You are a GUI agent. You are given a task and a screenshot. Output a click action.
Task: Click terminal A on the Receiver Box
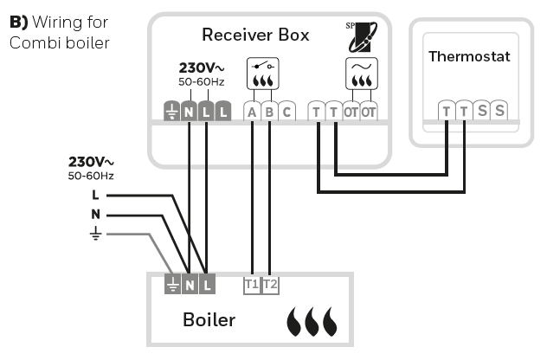[252, 112]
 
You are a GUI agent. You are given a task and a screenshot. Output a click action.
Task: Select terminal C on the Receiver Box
[287, 112]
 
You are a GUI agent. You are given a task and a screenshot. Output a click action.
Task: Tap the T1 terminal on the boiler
[252, 283]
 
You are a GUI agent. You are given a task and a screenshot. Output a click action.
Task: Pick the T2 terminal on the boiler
[270, 283]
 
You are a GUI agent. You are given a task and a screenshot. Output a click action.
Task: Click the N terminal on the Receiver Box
[189, 112]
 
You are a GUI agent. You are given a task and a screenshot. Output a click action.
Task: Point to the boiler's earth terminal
[171, 283]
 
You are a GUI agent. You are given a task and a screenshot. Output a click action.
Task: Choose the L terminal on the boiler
[207, 283]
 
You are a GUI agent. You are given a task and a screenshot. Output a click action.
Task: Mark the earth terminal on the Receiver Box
[171, 112]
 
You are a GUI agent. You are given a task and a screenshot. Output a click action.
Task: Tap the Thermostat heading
[469, 56]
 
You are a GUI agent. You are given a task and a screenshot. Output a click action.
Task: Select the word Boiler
[209, 320]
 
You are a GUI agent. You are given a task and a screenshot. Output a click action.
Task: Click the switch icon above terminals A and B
[261, 75]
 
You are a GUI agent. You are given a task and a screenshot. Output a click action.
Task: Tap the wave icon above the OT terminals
[359, 75]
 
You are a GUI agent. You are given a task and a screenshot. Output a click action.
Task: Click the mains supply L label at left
[95, 196]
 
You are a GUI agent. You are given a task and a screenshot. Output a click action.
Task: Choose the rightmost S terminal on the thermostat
[499, 111]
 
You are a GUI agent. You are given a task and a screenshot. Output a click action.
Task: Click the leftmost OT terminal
[351, 112]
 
